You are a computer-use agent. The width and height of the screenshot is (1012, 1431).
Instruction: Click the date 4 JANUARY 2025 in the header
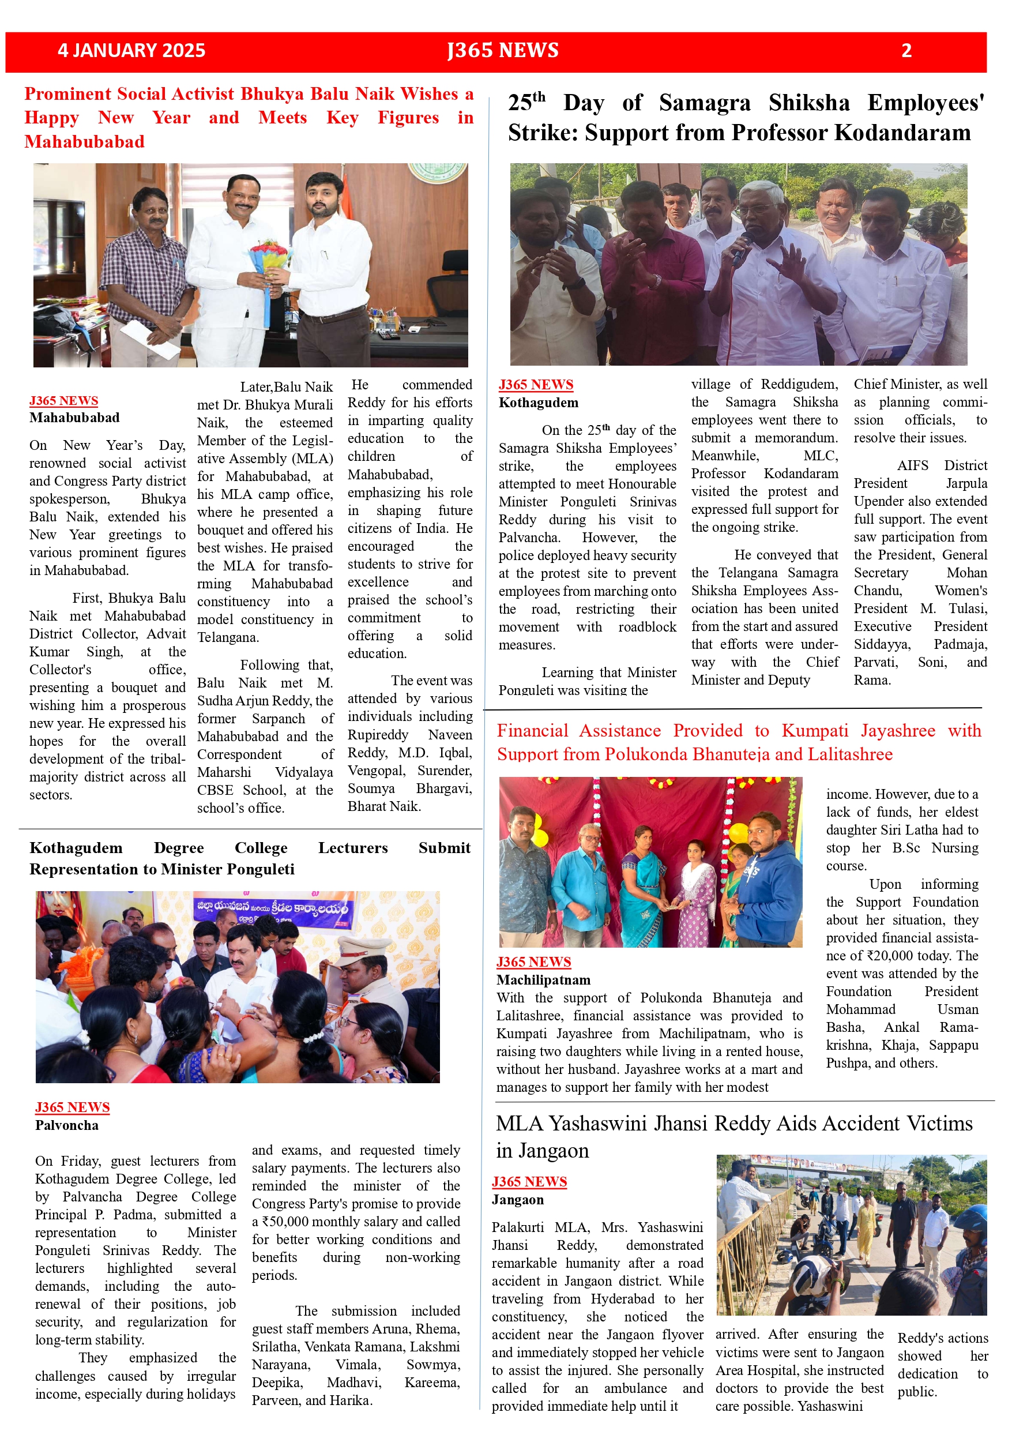coord(131,51)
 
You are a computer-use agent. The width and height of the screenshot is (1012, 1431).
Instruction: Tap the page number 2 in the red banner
coord(906,51)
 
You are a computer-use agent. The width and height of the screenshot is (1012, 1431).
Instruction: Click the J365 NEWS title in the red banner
coord(502,51)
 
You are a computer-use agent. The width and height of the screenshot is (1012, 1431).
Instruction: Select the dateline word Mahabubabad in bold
coord(74,418)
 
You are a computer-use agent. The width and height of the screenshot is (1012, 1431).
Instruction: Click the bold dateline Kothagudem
coord(539,403)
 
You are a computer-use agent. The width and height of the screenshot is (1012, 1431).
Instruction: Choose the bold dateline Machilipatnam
coord(543,980)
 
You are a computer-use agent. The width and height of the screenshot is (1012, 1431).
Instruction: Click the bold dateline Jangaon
coord(517,1200)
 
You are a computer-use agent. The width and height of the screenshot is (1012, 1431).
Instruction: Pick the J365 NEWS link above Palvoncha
coord(72,1107)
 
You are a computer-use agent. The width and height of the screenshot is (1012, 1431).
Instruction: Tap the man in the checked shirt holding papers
coord(149,274)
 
